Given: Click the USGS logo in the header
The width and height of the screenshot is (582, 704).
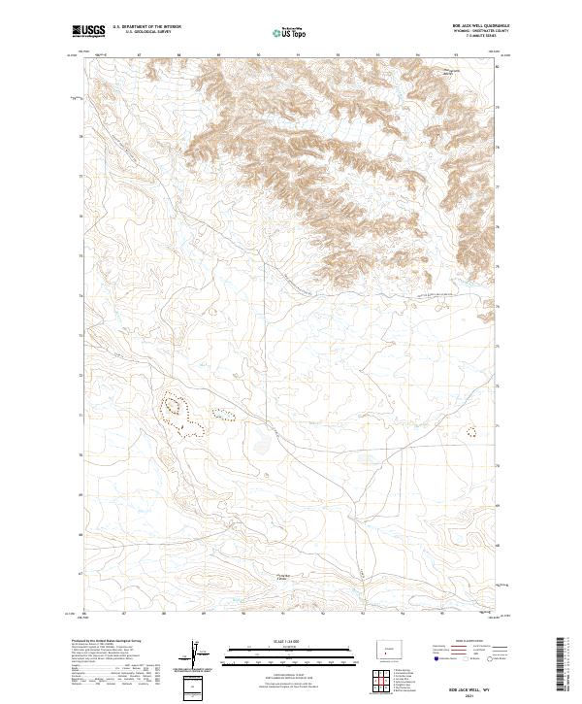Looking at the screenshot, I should click(x=89, y=32).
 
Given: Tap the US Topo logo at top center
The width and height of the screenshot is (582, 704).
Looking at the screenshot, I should click(x=286, y=32).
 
